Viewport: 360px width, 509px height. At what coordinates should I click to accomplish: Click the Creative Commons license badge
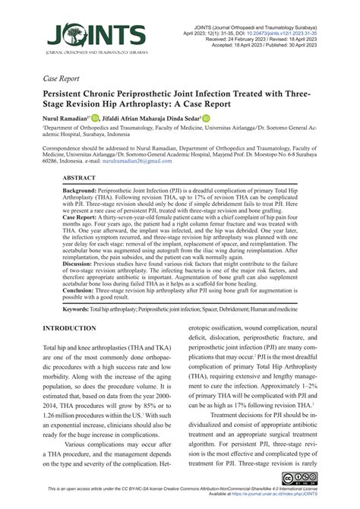coord(300,477)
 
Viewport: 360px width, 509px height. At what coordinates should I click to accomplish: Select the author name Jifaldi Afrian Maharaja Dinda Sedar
coord(151,119)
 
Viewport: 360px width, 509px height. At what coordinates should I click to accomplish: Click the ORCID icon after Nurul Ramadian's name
coord(95,118)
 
